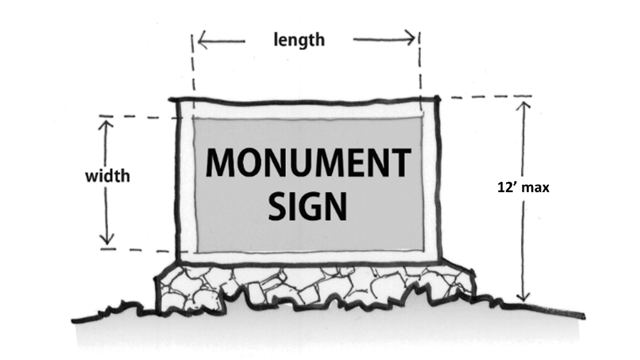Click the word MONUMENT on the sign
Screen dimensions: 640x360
(x=308, y=163)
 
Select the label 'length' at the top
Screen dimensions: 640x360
(x=299, y=39)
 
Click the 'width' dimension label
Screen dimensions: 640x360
(x=107, y=177)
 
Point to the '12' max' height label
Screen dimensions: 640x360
(x=523, y=188)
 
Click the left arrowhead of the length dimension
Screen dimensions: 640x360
(x=201, y=38)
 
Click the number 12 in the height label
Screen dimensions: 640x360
(x=503, y=188)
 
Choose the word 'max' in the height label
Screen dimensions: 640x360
(x=534, y=188)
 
